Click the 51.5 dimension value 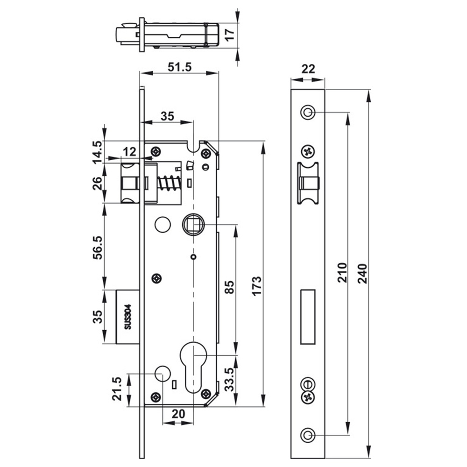pyautogui.click(x=179, y=67)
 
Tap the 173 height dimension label pyautogui.click(x=256, y=286)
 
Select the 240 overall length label pyautogui.click(x=362, y=273)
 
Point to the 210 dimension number pyautogui.click(x=342, y=272)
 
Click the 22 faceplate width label pyautogui.click(x=308, y=69)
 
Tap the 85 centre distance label pyautogui.click(x=229, y=287)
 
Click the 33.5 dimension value pyautogui.click(x=229, y=379)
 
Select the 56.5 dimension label pyautogui.click(x=98, y=247)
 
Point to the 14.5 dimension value pyautogui.click(x=98, y=152)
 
